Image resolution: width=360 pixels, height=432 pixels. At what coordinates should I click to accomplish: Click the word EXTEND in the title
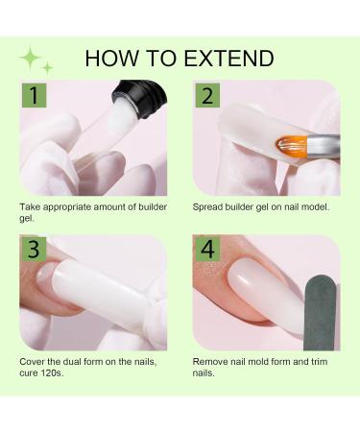[228, 59]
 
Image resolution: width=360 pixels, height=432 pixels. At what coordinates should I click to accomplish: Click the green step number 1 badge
[34, 95]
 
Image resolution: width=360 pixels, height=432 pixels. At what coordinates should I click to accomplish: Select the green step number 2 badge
[207, 95]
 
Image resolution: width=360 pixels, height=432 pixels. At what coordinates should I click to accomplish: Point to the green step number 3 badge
[34, 249]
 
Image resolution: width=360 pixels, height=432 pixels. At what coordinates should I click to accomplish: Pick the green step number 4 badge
[207, 249]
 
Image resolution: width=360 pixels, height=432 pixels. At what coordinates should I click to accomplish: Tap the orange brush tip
[291, 146]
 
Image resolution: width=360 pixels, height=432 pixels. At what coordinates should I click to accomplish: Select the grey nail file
[320, 313]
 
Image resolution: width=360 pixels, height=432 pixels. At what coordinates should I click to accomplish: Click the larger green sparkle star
[30, 58]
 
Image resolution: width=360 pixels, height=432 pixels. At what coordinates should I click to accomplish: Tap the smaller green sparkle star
[47, 68]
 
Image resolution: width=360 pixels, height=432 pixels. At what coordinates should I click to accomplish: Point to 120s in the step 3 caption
[52, 373]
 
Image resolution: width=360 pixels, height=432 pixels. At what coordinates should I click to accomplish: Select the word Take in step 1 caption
[30, 206]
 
